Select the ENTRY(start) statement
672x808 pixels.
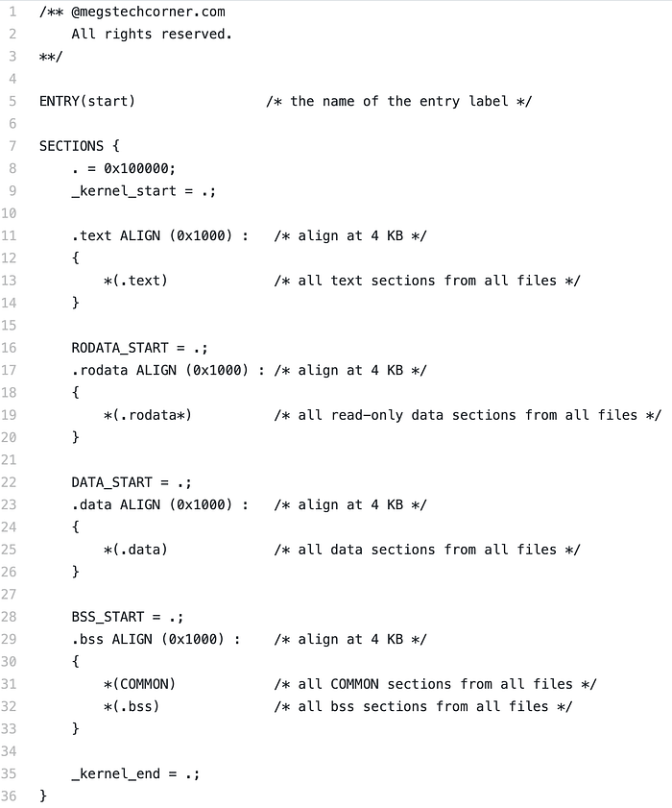click(x=87, y=101)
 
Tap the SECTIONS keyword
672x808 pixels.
click(x=71, y=146)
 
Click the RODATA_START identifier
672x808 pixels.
click(x=119, y=348)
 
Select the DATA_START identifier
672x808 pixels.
click(x=111, y=482)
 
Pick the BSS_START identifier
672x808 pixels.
click(x=108, y=617)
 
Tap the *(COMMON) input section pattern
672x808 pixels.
click(x=139, y=684)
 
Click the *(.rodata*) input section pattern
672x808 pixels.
click(x=148, y=415)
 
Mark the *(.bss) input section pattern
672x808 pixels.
click(x=132, y=706)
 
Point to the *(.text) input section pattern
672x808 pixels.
click(x=135, y=281)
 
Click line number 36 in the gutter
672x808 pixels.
click(x=9, y=796)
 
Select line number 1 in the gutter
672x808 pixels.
click(x=12, y=12)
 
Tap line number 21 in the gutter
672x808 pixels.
click(x=9, y=459)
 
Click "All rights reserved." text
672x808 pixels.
click(x=152, y=34)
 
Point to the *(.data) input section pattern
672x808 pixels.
click(x=135, y=550)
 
